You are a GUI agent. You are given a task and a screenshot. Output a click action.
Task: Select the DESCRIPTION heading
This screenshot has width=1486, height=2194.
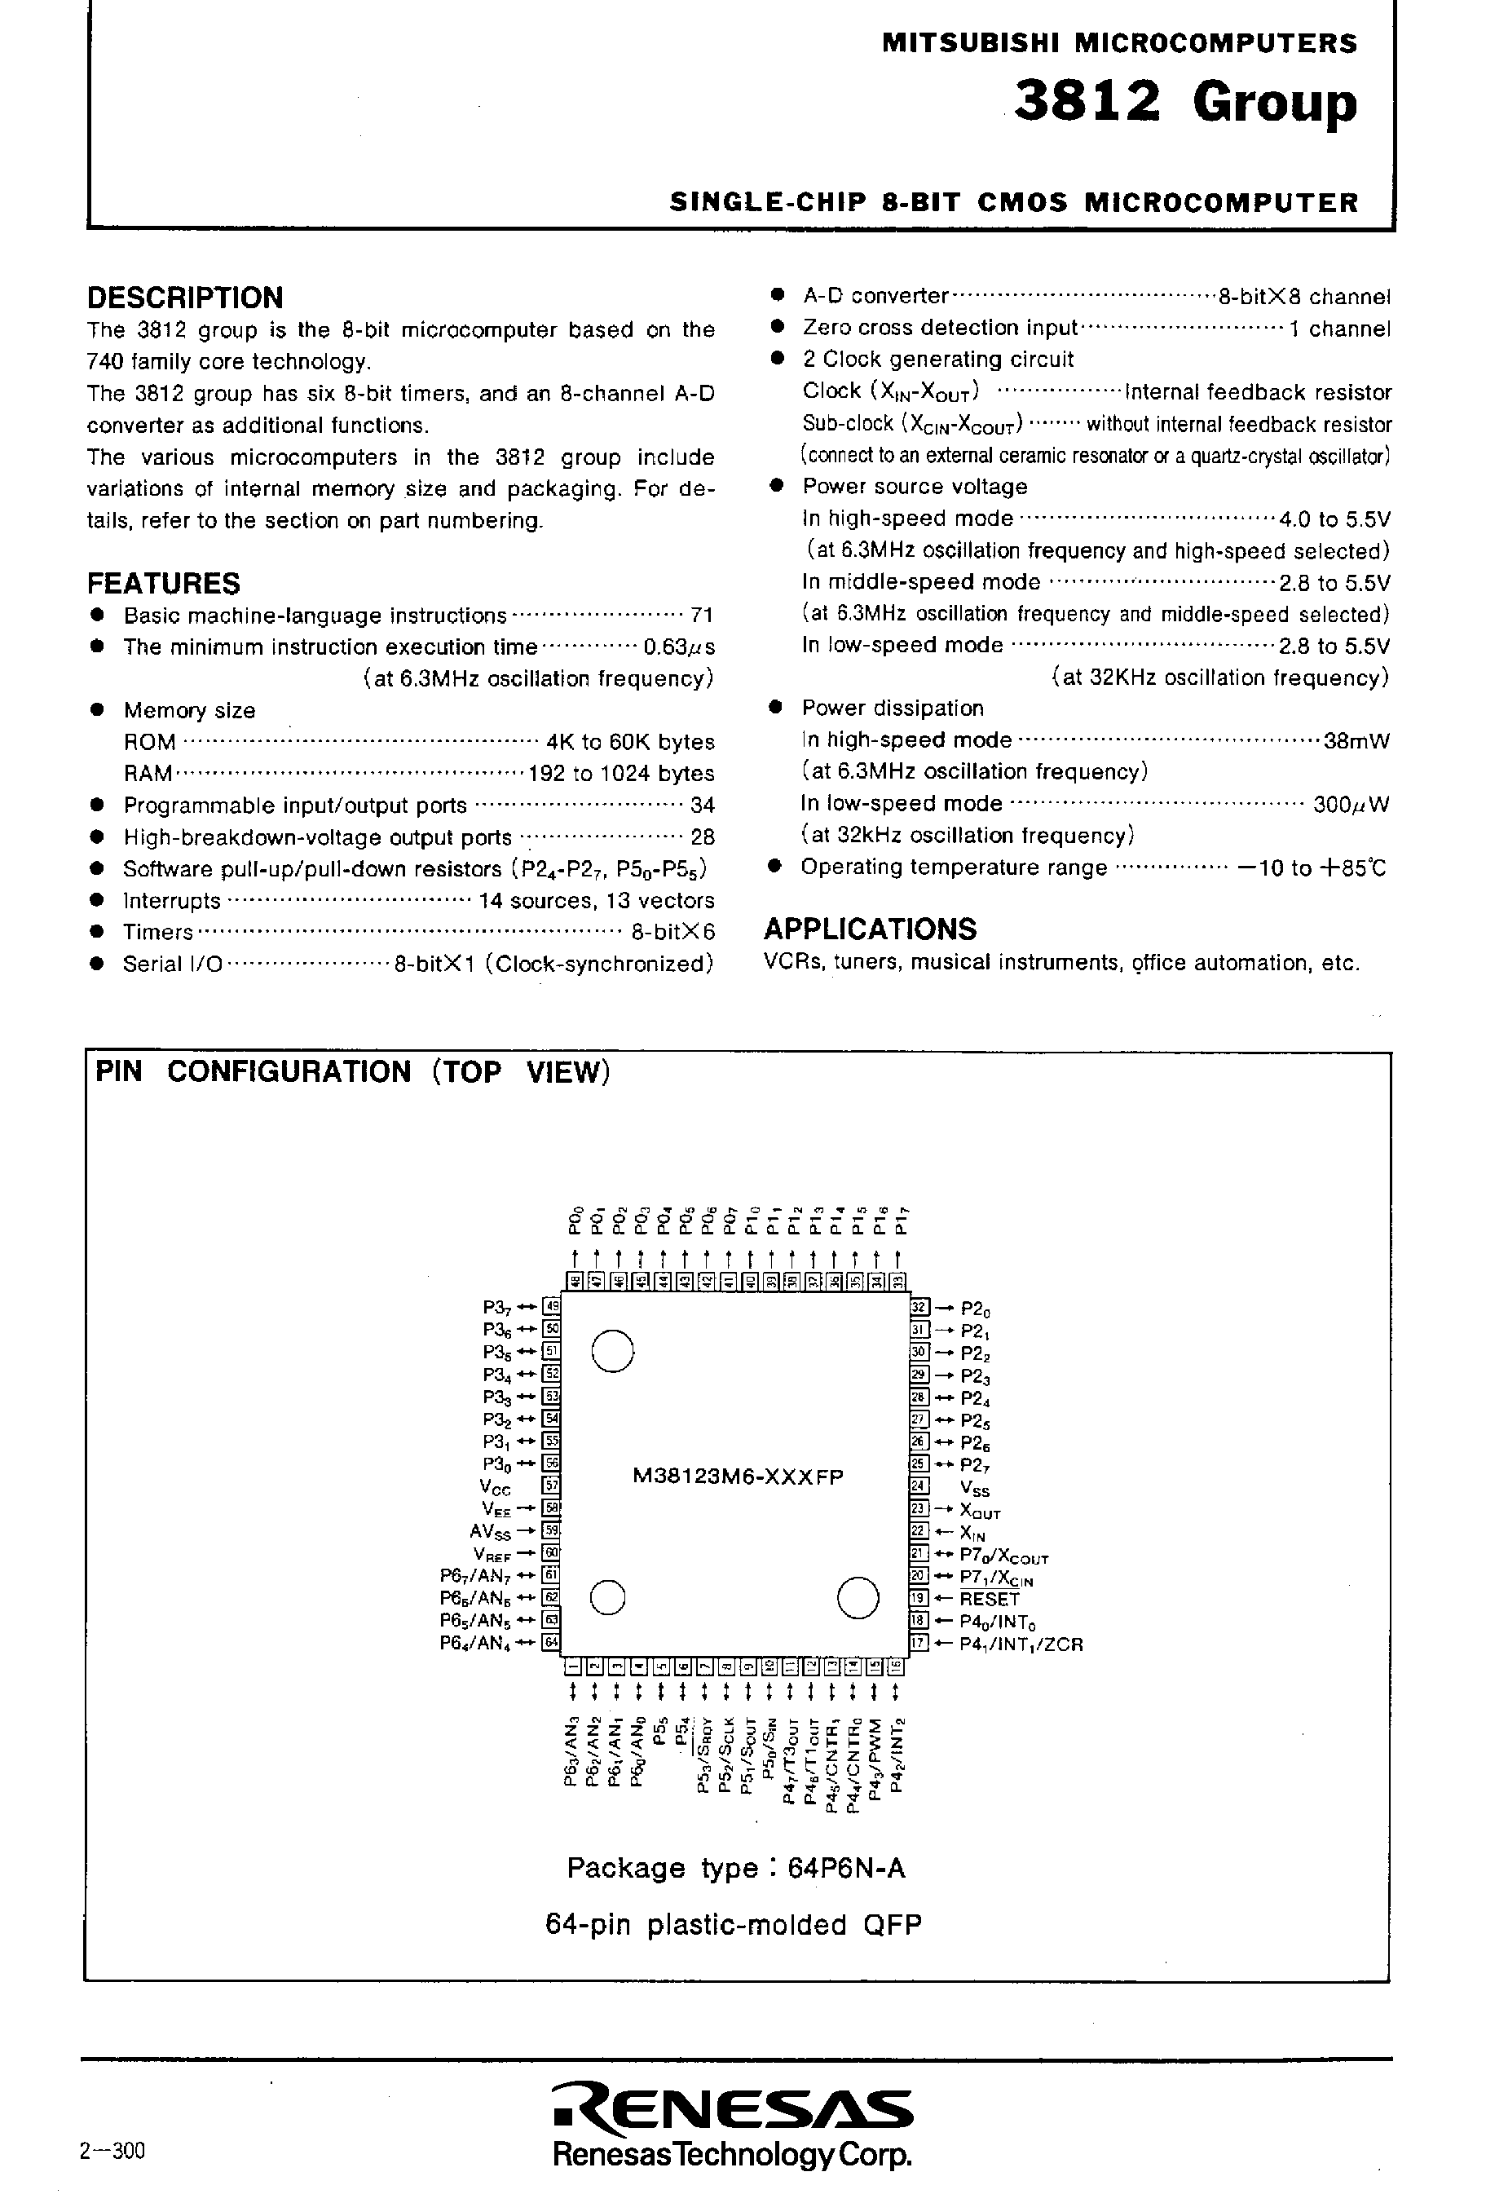click(185, 298)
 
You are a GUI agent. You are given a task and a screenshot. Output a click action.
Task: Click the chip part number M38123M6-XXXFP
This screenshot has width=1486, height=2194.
click(738, 1477)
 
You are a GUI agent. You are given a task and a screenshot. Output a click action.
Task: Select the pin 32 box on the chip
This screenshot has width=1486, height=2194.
click(919, 1308)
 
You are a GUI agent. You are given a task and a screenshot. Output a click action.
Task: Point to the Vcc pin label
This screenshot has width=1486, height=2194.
click(496, 1487)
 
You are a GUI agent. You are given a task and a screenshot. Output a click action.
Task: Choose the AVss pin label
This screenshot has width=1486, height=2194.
click(489, 1531)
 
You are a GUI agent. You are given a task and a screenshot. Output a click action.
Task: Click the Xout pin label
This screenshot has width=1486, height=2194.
click(979, 1511)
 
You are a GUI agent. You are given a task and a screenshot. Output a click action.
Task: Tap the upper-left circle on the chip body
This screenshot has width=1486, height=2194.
click(613, 1350)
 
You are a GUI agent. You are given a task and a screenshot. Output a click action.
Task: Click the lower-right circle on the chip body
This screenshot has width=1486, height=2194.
click(858, 1597)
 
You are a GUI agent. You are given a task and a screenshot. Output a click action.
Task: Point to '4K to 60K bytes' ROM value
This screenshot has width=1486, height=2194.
click(630, 742)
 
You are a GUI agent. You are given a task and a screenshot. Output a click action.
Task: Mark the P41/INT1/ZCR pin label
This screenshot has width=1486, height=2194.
click(1021, 1644)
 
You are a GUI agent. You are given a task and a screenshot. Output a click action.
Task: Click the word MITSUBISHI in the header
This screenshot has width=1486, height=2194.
click(972, 43)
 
